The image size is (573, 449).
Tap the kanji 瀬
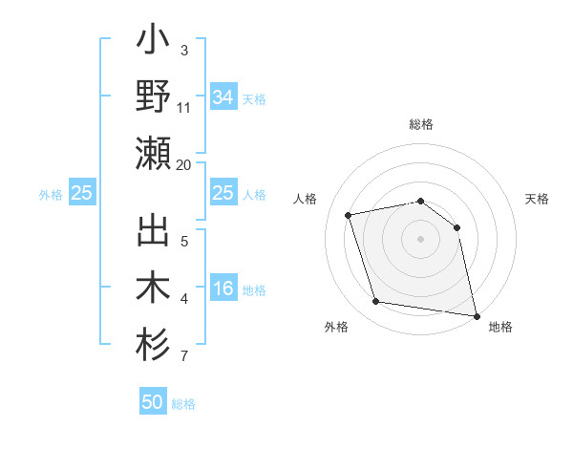(154, 154)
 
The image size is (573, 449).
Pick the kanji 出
(154, 235)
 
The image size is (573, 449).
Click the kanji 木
(154, 289)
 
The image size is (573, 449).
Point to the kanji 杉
(154, 345)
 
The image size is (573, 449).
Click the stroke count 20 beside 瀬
(184, 165)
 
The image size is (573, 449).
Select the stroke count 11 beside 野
(184, 109)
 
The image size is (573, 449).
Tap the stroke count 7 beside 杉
(184, 357)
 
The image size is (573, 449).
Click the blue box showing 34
(223, 96)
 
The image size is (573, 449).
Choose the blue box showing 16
(223, 289)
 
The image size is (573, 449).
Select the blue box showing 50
(153, 402)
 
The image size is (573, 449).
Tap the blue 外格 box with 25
(81, 193)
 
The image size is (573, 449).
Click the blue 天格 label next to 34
(254, 98)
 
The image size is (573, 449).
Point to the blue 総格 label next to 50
(183, 404)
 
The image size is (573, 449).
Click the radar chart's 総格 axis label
(420, 124)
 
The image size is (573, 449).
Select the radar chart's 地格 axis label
(500, 327)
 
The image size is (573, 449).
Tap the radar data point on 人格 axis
(349, 215)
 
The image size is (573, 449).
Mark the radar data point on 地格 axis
(476, 314)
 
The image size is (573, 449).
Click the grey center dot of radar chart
(420, 238)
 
